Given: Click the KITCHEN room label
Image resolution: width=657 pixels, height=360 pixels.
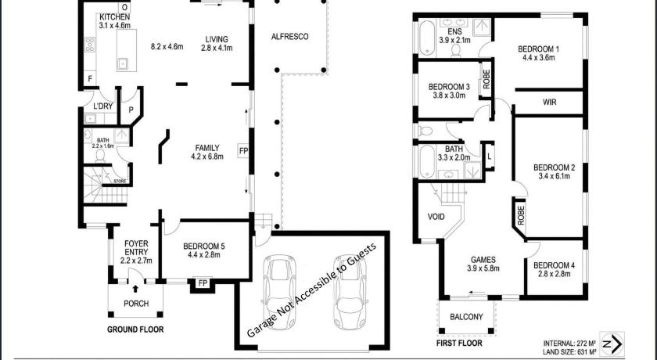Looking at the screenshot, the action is click(x=114, y=17).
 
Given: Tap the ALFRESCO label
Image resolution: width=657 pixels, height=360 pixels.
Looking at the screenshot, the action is click(x=290, y=37).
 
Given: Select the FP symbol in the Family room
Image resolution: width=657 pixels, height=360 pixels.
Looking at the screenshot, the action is click(x=243, y=151).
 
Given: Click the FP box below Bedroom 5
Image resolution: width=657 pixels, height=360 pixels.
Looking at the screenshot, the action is click(x=203, y=283).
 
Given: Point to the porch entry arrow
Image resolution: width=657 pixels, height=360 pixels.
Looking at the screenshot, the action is click(x=135, y=289).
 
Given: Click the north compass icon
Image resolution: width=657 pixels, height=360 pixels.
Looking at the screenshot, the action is click(x=612, y=344).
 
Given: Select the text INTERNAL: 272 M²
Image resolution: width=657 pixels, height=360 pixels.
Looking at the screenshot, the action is click(x=570, y=343).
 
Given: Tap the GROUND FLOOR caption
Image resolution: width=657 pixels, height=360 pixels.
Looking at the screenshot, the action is click(x=135, y=329).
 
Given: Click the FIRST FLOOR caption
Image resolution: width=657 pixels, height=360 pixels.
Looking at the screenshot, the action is click(x=459, y=344).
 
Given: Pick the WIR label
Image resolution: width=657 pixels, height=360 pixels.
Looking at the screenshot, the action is click(x=549, y=103).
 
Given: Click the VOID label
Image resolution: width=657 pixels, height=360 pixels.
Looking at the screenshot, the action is click(x=436, y=217).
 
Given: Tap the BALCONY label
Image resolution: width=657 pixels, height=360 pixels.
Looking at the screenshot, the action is click(x=466, y=317).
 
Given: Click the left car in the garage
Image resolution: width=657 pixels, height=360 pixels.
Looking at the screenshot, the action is click(x=279, y=291).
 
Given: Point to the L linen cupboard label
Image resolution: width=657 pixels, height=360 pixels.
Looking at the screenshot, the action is click(x=490, y=157).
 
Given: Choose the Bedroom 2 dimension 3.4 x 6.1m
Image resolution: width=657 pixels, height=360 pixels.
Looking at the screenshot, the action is click(x=554, y=176).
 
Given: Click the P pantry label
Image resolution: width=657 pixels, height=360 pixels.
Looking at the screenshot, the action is click(x=131, y=110).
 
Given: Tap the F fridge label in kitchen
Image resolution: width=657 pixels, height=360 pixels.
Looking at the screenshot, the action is click(x=90, y=78).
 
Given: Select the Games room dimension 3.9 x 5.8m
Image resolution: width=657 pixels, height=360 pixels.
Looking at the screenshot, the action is click(x=483, y=268).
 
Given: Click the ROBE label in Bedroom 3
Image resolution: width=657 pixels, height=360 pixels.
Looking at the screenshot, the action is click(x=486, y=79).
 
